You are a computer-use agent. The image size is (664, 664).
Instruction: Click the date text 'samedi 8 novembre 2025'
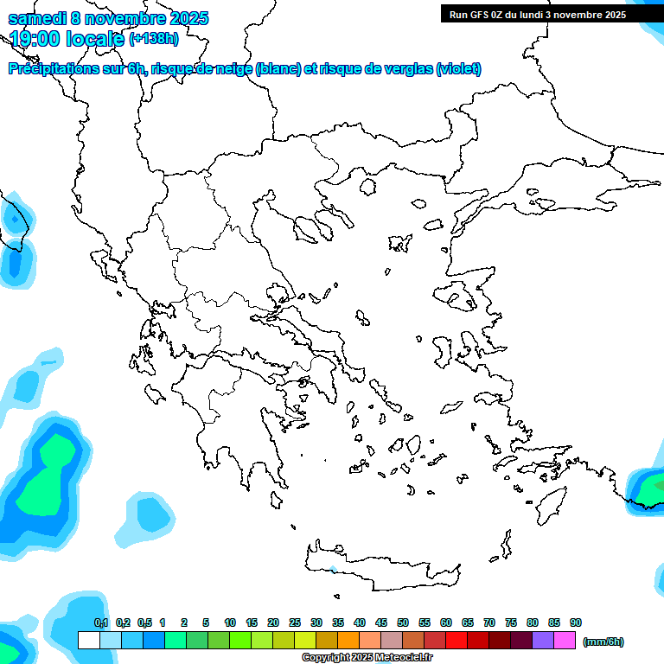pyautogui.click(x=108, y=18)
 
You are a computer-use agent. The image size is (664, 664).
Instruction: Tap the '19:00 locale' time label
pyautogui.click(x=67, y=38)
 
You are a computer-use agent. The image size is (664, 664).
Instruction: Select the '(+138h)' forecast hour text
pyautogui.click(x=154, y=38)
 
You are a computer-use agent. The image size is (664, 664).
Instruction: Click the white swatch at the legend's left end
pyautogui.click(x=88, y=641)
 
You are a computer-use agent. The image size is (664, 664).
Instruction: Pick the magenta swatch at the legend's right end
pyautogui.click(x=565, y=641)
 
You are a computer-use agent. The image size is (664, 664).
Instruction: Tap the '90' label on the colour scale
pyautogui.click(x=576, y=622)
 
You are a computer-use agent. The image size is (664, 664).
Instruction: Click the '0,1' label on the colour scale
pyautogui.click(x=101, y=622)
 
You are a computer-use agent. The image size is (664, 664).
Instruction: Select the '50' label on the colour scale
pyautogui.click(x=403, y=622)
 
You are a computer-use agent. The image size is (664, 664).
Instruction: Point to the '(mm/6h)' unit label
pyautogui.click(x=603, y=642)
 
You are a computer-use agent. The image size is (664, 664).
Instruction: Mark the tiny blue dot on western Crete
pyautogui.click(x=333, y=569)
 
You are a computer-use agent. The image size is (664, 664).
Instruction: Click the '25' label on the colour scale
pyautogui.click(x=295, y=622)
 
